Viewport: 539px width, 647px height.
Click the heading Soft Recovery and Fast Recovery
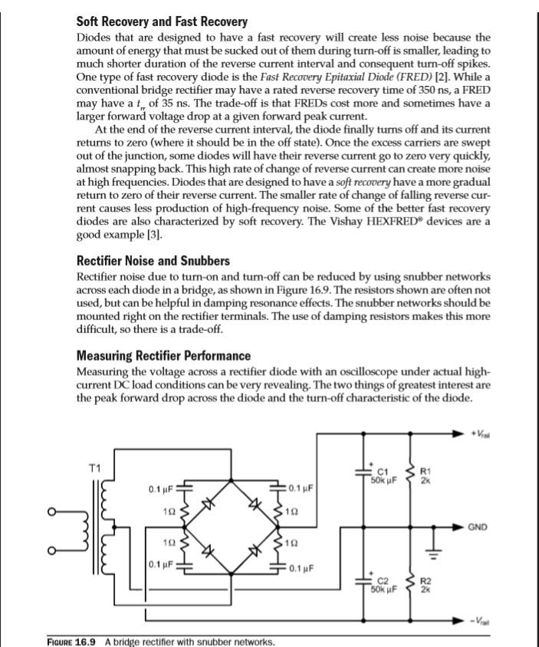161,21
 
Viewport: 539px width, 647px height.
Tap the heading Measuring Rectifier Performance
163,356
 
